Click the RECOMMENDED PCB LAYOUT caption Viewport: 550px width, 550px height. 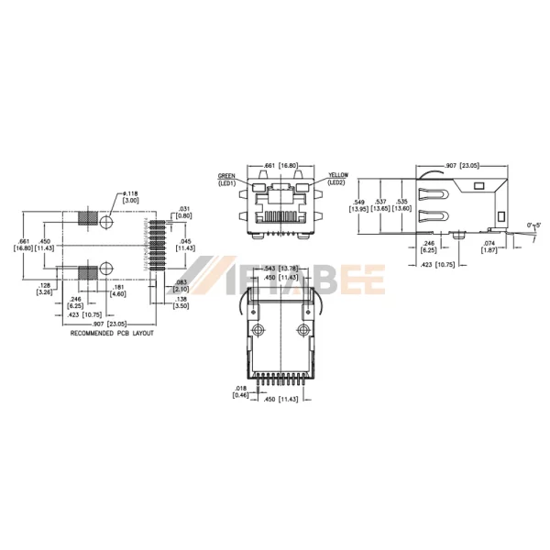point(112,334)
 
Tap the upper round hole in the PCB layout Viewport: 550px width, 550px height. point(106,222)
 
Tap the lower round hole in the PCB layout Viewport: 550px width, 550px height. point(106,269)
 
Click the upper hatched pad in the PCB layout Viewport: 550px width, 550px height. point(87,220)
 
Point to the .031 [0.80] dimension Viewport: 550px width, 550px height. point(183,212)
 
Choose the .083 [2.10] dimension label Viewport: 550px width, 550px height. point(182,285)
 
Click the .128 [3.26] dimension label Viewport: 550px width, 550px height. point(43,289)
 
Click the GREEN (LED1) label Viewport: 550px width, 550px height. point(227,179)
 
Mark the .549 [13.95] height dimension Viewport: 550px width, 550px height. point(359,206)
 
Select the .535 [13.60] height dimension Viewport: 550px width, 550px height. point(403,206)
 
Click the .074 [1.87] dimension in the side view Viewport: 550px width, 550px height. point(489,247)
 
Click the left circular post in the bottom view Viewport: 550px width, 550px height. point(258,330)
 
